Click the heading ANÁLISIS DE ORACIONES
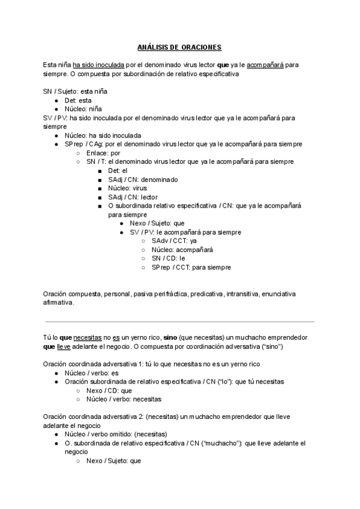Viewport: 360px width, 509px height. click(x=179, y=47)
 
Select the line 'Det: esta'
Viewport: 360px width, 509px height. click(x=78, y=101)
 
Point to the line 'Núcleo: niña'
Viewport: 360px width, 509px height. click(x=83, y=109)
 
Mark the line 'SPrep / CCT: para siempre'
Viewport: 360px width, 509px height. click(x=191, y=267)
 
